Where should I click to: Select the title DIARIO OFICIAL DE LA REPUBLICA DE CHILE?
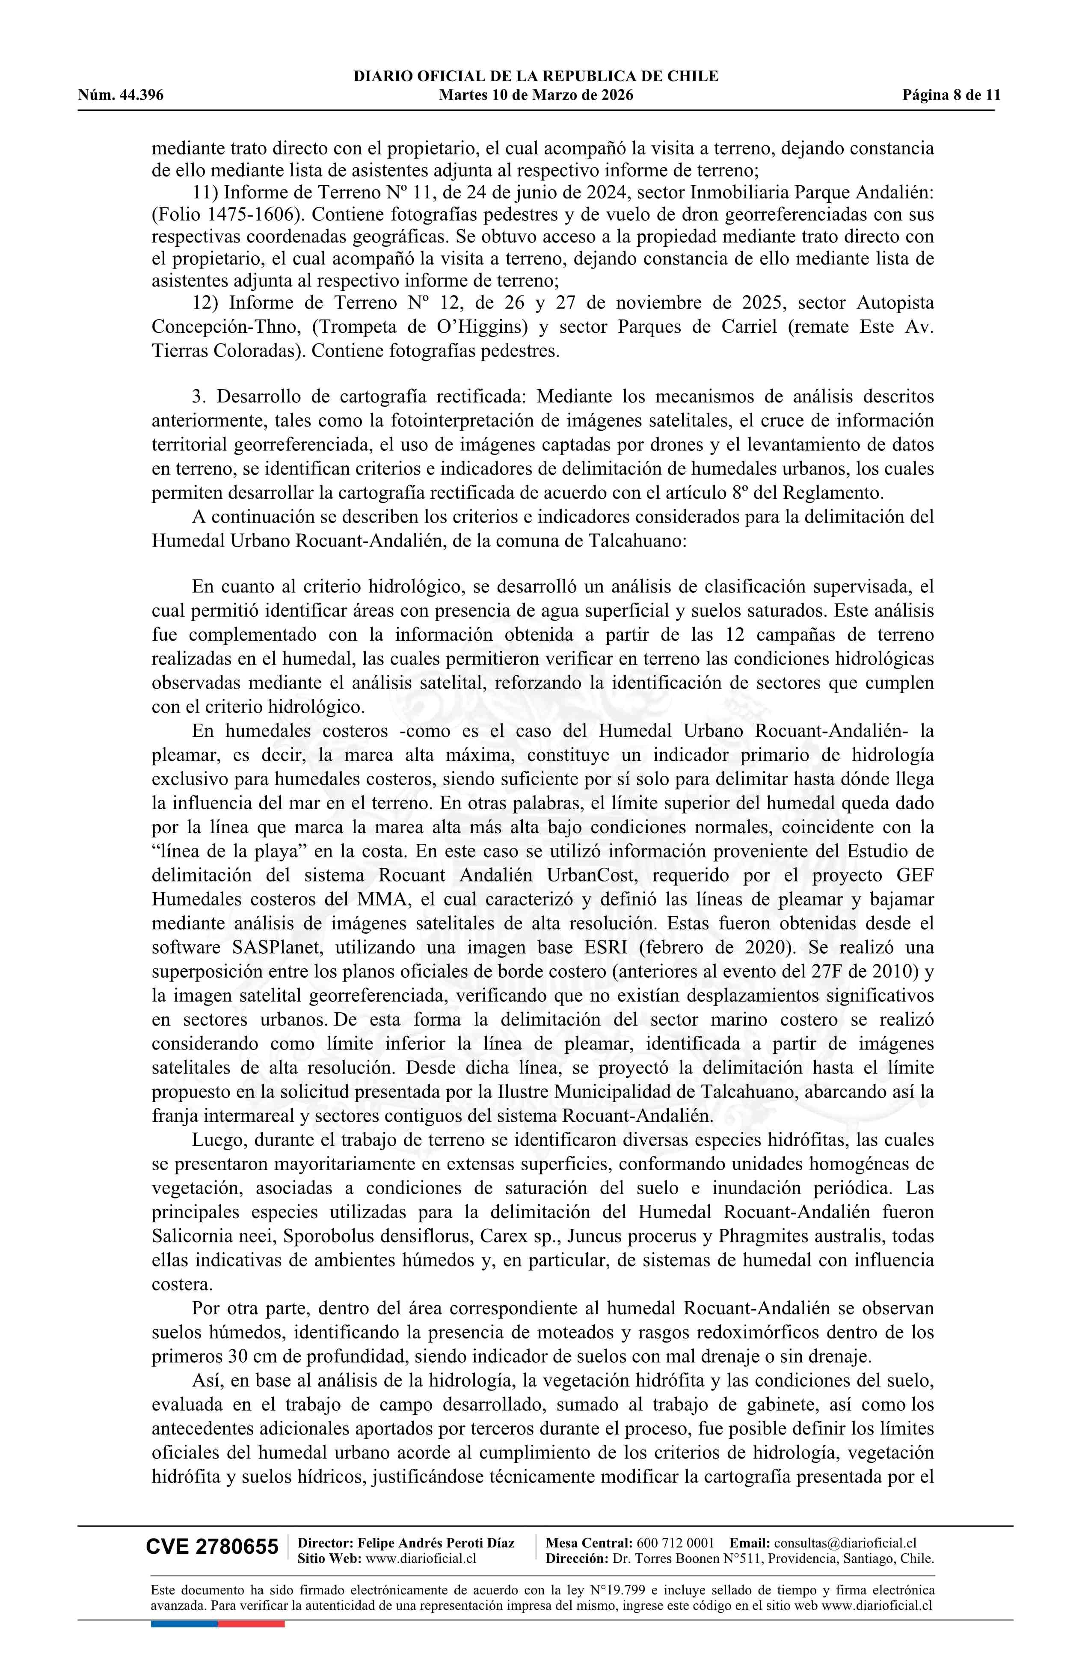tap(536, 77)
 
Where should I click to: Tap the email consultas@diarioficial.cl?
tap(845, 1543)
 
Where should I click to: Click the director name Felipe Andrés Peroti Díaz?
tap(436, 1543)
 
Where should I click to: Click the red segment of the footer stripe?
tap(251, 1623)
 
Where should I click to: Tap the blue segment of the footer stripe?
tap(184, 1623)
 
